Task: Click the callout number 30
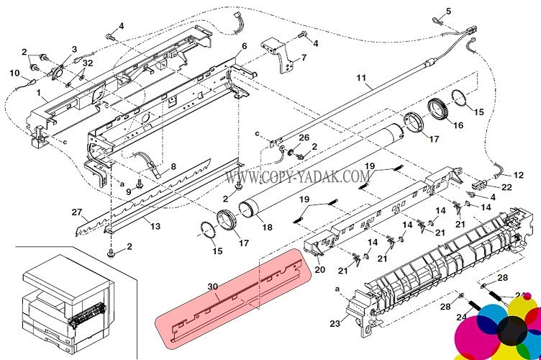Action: (213, 287)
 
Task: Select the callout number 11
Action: (361, 78)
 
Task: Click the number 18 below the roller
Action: (267, 227)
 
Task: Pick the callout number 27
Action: (77, 212)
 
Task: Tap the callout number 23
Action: (335, 323)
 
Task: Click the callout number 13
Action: (155, 226)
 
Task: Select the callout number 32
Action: (88, 63)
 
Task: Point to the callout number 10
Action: (14, 73)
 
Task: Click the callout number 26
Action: (304, 138)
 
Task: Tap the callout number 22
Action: (506, 187)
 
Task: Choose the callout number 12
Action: (518, 175)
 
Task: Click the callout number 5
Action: (448, 11)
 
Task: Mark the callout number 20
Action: (320, 269)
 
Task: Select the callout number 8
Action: (173, 167)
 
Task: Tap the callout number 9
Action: (128, 192)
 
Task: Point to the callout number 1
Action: (39, 92)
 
